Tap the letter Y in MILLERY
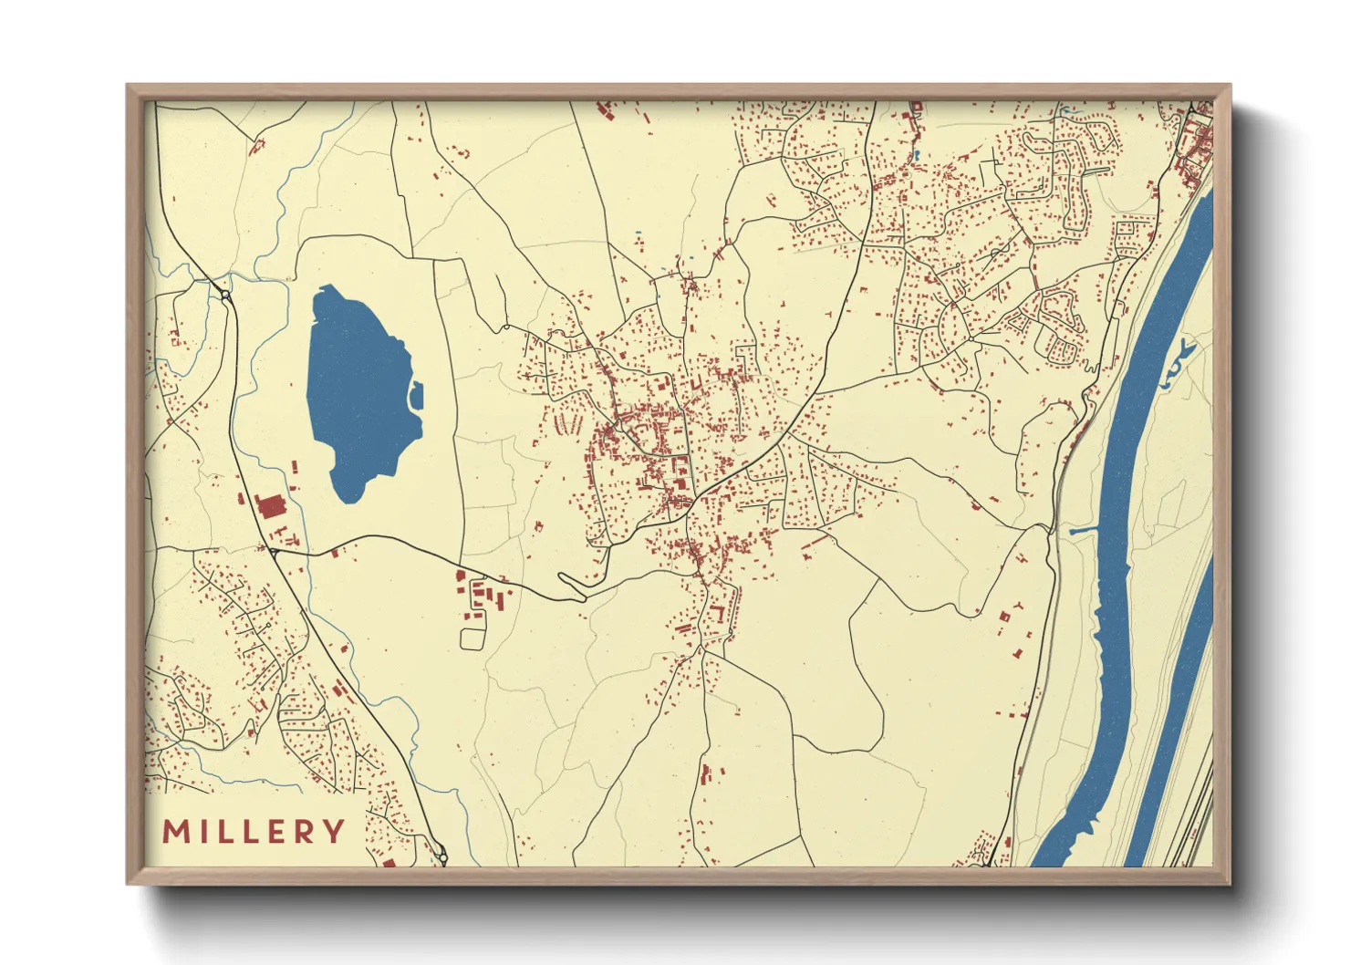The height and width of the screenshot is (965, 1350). [x=335, y=832]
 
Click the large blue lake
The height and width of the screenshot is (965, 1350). [x=356, y=392]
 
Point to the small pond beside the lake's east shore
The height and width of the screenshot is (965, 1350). [x=418, y=395]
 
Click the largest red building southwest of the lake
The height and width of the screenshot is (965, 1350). [x=271, y=506]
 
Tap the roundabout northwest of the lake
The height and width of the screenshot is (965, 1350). [x=224, y=296]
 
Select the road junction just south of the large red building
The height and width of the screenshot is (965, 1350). [x=273, y=550]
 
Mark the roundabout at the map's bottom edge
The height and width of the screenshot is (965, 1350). [x=442, y=858]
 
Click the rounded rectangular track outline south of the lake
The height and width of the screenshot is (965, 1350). [x=471, y=638]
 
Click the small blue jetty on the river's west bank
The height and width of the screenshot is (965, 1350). [x=1081, y=529]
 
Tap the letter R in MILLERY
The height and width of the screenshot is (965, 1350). [x=306, y=832]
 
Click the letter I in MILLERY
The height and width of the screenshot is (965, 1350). [x=202, y=832]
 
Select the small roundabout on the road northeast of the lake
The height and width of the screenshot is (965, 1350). [x=504, y=326]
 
